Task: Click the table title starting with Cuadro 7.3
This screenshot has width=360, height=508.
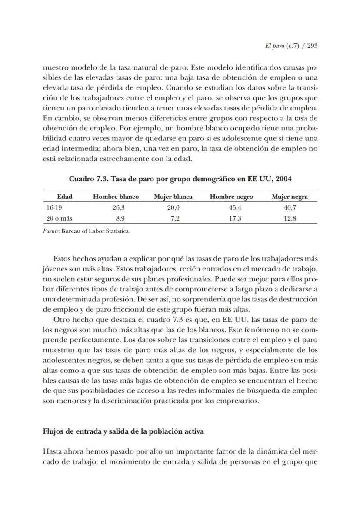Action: coord(180,179)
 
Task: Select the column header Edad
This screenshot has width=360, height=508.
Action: coord(64,197)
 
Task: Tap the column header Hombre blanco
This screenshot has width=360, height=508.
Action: coord(116,197)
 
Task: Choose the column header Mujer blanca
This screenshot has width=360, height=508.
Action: coord(173,197)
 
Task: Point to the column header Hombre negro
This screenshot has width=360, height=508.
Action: coord(231,197)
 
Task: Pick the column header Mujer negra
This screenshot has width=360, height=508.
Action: coord(290,197)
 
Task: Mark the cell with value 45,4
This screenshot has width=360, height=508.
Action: coord(235,207)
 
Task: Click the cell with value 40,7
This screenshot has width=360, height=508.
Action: coord(290,207)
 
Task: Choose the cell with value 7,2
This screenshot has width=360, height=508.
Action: coord(175,218)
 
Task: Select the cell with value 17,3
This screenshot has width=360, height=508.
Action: coord(235,218)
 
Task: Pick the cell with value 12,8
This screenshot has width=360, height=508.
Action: coord(290,218)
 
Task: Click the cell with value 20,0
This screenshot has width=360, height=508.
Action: coord(173,207)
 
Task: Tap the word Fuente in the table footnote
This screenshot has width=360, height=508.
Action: coord(51,231)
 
